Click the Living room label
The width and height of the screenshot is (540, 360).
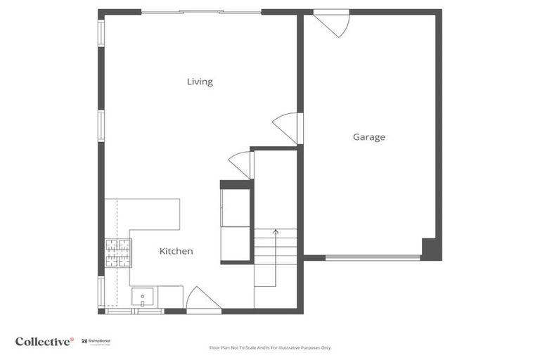[200, 82]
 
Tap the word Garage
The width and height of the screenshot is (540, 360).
[368, 137]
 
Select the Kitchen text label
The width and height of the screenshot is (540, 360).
[176, 251]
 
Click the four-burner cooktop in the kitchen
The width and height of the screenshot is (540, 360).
[118, 253]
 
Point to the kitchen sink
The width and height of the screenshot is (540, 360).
[143, 297]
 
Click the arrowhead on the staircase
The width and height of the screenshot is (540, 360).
[276, 231]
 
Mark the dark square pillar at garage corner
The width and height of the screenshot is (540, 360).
[431, 249]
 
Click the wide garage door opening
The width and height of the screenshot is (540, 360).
[373, 258]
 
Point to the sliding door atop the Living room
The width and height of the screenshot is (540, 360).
[201, 12]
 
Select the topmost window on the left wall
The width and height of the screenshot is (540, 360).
[101, 33]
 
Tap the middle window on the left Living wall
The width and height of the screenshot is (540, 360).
[101, 127]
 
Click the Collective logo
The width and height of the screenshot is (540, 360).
[44, 342]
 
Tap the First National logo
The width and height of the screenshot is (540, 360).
[97, 342]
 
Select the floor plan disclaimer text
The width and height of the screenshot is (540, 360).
[270, 348]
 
